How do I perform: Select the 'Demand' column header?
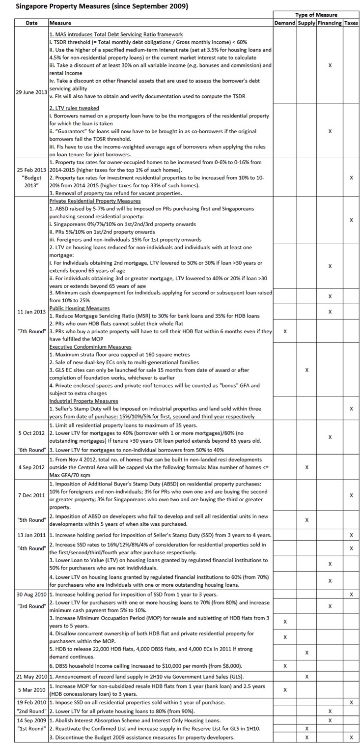[x=285, y=23]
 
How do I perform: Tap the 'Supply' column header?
[x=306, y=23]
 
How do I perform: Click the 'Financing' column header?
[x=330, y=23]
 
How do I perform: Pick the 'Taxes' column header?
[x=351, y=23]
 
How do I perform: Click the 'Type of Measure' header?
[x=316, y=15]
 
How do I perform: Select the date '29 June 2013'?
[x=31, y=92]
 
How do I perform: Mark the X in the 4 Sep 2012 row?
[x=306, y=467]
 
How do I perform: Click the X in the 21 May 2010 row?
[x=306, y=677]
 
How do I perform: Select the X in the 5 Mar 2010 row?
[x=285, y=689]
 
